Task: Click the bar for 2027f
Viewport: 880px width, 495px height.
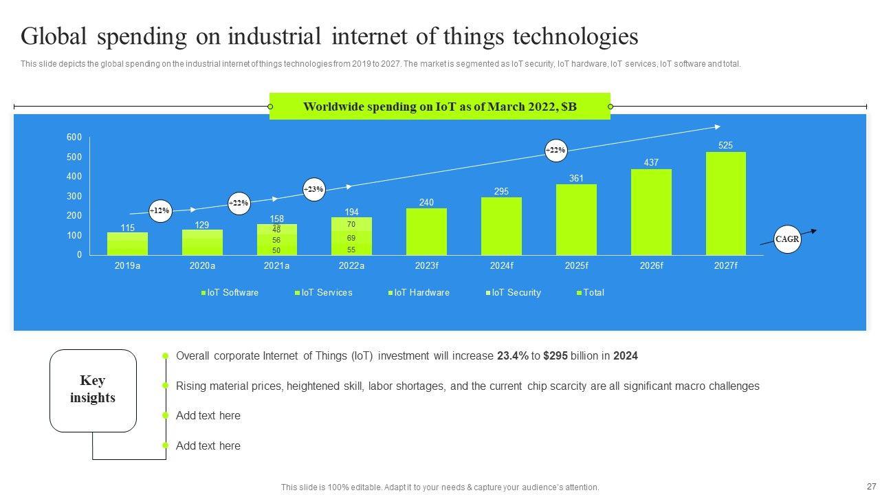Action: [725, 203]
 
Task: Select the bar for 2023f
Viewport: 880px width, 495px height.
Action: [426, 232]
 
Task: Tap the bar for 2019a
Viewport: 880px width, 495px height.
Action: [127, 243]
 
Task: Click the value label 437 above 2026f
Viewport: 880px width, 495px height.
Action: [651, 163]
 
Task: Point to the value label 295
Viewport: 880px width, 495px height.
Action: [501, 191]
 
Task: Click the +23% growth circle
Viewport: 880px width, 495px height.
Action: [313, 189]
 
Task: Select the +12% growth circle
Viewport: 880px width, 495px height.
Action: [160, 210]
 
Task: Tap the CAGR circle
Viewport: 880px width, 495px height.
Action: [787, 239]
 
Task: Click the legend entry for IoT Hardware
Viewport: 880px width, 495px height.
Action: [421, 292]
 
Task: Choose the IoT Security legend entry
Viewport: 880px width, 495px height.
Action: [516, 292]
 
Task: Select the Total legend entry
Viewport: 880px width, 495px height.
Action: [593, 292]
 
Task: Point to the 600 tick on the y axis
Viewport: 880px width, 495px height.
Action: [74, 137]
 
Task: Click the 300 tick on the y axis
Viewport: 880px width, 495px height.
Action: [74, 197]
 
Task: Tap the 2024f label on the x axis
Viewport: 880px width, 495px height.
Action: [501, 265]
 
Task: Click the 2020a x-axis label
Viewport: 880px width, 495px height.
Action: [202, 265]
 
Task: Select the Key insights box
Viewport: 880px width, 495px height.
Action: [93, 390]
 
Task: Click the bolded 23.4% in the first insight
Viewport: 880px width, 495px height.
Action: [512, 356]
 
